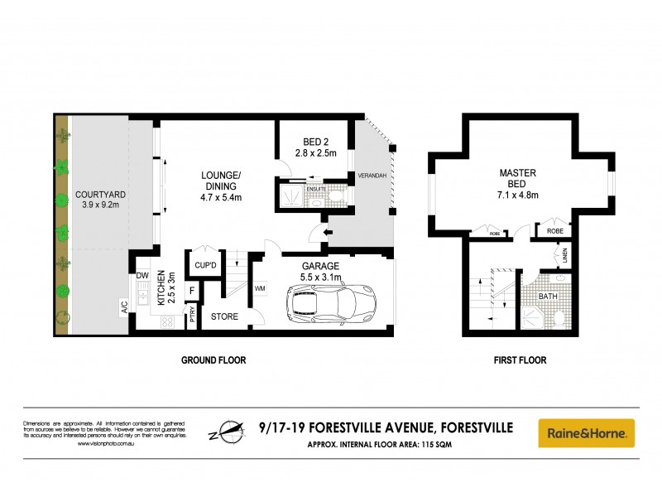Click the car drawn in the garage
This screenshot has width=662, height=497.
pos(331,305)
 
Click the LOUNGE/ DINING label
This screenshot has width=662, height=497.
pos(221,181)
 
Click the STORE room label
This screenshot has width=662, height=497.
pos(224,316)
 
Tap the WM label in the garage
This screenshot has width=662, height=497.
pos(260,288)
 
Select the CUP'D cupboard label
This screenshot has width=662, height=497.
pos(204,265)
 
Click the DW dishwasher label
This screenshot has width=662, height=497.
pos(142,275)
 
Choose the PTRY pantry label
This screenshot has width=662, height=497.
pos(192,316)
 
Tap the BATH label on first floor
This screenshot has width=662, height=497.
pos(547,296)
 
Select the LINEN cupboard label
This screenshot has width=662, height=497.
pos(565,255)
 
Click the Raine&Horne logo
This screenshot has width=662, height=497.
pos(586,432)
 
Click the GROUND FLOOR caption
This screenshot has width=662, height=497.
pos(213,360)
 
